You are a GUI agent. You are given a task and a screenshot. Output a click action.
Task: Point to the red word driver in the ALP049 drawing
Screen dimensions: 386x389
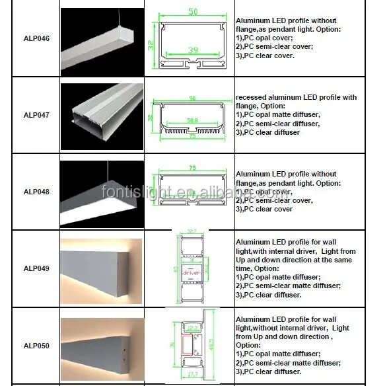tap(191, 271)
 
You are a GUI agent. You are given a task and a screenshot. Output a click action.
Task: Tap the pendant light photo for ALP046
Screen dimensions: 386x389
tap(102, 38)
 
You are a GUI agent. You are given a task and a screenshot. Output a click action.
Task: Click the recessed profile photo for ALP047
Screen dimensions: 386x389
tap(102, 114)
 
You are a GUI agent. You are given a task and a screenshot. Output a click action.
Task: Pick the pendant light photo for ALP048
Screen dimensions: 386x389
tap(102, 191)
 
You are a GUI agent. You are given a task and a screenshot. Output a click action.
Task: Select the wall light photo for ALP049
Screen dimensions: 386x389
tap(101, 268)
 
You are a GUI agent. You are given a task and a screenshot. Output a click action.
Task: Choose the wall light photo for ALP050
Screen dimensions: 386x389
tap(101, 345)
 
